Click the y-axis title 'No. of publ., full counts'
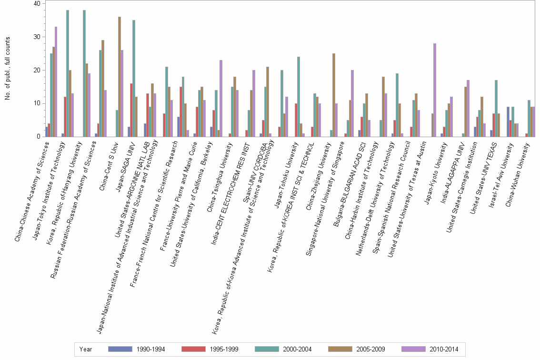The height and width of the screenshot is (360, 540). coord(8,70)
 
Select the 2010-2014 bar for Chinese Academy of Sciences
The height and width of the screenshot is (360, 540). coord(56,81)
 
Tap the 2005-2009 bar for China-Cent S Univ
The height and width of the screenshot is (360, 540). coord(119,77)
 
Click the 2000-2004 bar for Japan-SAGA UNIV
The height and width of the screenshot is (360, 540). coord(134,78)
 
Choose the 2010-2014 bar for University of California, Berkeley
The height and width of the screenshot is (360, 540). coord(221,98)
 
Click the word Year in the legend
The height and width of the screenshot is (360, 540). coord(86,349)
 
